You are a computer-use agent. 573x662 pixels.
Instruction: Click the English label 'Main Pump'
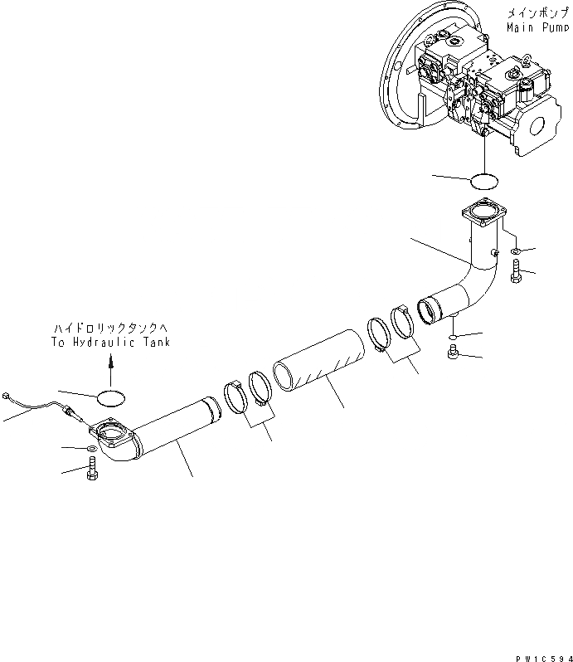tap(537, 28)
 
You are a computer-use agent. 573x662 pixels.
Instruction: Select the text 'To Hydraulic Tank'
tap(110, 342)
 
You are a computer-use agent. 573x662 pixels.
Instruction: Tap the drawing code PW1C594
tap(544, 658)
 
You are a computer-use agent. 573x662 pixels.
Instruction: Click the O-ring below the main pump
tap(484, 182)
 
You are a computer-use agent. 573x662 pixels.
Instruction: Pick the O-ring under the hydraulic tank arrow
tap(110, 398)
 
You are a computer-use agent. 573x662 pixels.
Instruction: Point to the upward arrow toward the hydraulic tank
tap(110, 371)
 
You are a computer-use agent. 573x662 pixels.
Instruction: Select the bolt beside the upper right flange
tap(516, 271)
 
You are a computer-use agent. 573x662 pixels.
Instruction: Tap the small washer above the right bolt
tap(515, 251)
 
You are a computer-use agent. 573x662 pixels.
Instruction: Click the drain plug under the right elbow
tap(453, 352)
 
